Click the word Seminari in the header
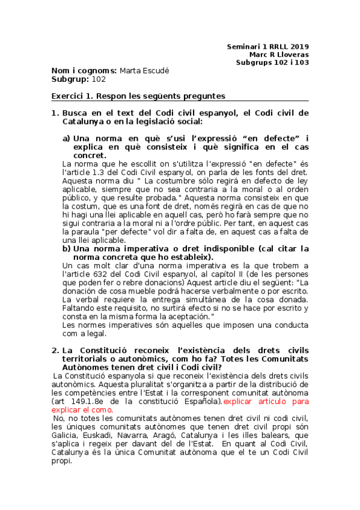(244, 46)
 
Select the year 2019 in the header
(297, 46)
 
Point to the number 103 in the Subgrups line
(301, 62)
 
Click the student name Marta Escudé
(145, 70)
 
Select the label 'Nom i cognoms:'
(84, 70)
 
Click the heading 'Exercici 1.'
(73, 96)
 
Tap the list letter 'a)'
(67, 138)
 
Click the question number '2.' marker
(55, 350)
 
